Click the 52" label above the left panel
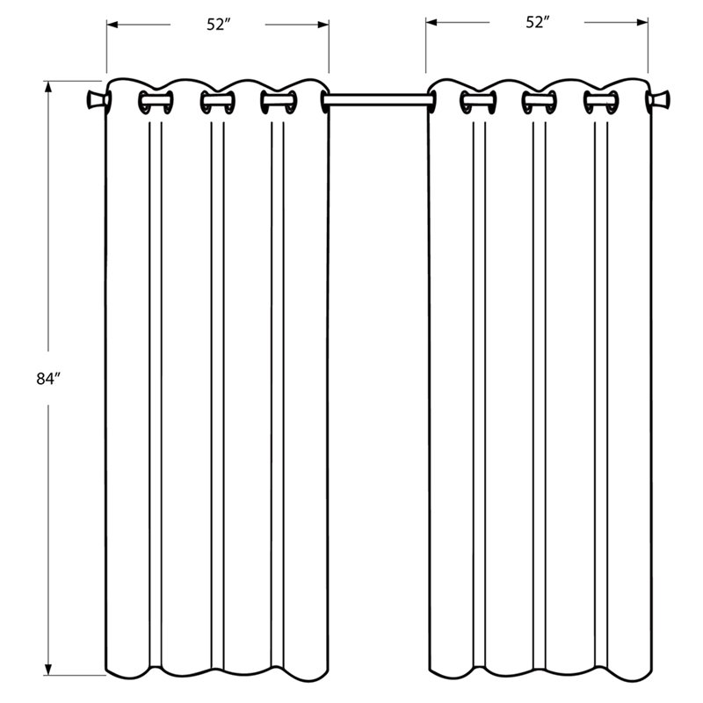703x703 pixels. (218, 25)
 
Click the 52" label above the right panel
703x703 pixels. (537, 24)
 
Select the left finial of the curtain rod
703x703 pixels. (95, 102)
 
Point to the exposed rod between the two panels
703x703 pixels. (378, 102)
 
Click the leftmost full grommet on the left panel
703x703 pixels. (151, 102)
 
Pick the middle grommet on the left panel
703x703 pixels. (214, 102)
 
